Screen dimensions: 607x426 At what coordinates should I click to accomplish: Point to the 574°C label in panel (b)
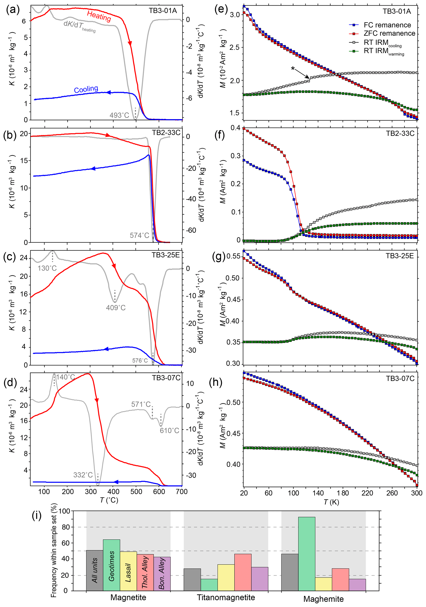(139, 235)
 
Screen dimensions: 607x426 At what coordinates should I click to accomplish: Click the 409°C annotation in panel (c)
(116, 308)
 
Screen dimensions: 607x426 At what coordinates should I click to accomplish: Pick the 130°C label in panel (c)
(47, 268)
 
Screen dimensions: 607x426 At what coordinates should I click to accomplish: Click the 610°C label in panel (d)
(169, 431)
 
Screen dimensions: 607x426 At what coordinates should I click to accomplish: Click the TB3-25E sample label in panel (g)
(400, 256)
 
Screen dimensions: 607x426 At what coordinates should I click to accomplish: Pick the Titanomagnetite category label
(226, 598)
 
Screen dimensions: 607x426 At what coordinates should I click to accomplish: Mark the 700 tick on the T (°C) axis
(182, 492)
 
